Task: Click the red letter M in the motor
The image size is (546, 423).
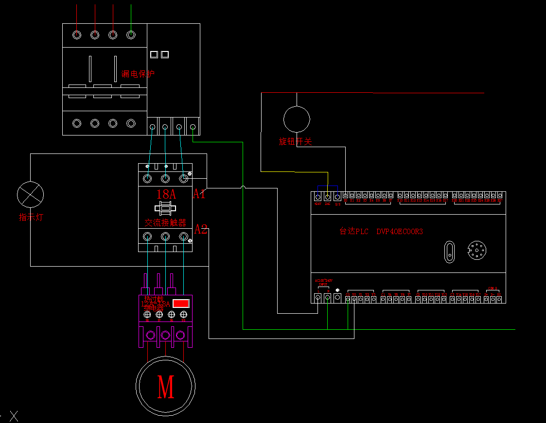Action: point(166,387)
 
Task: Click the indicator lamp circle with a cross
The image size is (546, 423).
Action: point(30,194)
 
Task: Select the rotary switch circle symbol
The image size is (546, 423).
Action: point(297,119)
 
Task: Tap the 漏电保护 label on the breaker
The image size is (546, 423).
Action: point(138,74)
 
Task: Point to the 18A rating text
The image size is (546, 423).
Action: point(166,194)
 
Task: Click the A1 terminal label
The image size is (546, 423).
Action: point(200,194)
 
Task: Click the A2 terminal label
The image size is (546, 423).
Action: point(201,230)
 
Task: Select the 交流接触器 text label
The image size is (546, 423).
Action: point(166,222)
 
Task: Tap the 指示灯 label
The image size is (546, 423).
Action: point(31,217)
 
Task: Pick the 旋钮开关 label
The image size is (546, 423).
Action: point(295,141)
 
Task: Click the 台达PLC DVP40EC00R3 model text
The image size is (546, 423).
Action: point(381,231)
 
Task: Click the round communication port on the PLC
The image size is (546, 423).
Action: point(477,251)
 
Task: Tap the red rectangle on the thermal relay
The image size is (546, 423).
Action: point(181,303)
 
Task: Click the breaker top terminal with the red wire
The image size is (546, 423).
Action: point(113,35)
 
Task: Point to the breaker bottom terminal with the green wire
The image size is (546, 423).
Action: point(193,127)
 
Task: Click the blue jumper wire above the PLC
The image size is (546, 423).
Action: point(327,186)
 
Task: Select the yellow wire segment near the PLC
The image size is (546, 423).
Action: point(311,172)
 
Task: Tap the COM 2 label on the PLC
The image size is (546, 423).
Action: point(492,288)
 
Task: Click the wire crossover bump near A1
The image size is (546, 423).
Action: point(243,187)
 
